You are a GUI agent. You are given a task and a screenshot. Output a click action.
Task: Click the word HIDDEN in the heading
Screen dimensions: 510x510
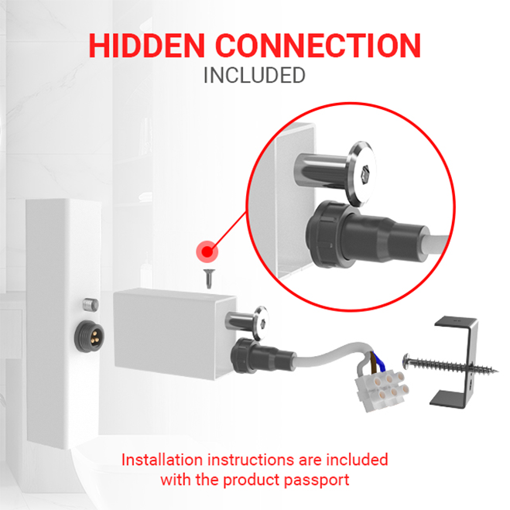(146, 46)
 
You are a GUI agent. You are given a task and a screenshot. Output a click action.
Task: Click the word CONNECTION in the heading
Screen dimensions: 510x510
(318, 46)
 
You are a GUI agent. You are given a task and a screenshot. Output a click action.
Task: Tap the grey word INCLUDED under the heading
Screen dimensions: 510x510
(255, 75)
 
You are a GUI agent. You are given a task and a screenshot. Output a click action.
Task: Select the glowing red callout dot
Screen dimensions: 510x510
(207, 252)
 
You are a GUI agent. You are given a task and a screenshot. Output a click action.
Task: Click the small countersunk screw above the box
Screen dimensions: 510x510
(208, 279)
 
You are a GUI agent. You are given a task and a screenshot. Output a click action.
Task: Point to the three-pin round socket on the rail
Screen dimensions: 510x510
(89, 335)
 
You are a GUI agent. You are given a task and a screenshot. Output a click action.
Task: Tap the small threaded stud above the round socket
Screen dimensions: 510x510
(91, 305)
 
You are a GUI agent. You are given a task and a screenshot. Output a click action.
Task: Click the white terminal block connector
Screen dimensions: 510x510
(382, 390)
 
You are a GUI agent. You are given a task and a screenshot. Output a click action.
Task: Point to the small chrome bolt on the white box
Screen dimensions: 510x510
(248, 322)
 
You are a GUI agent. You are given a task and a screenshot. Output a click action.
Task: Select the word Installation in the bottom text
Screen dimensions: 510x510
(163, 460)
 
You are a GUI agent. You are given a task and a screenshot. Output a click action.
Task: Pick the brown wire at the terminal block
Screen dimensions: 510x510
(370, 363)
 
